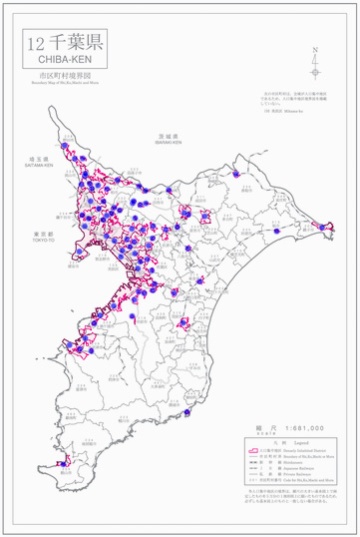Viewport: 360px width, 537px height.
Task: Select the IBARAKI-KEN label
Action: click(x=167, y=142)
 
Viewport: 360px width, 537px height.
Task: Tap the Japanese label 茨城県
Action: click(x=167, y=135)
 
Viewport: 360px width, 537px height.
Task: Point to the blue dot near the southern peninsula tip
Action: click(x=64, y=462)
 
